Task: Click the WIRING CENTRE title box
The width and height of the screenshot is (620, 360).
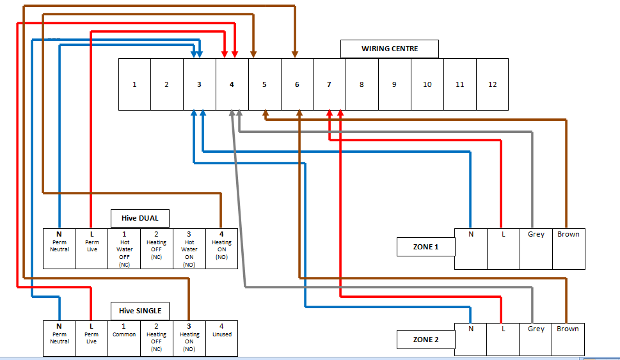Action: [x=390, y=49]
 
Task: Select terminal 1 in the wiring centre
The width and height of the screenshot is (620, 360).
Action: [x=134, y=84]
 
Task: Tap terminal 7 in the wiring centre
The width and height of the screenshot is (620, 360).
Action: [x=329, y=84]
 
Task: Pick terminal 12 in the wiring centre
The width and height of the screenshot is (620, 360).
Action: [x=492, y=84]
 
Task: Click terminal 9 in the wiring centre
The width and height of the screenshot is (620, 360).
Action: [x=394, y=84]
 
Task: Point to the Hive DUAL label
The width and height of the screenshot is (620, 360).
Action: [x=140, y=219]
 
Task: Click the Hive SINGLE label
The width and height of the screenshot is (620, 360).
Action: [x=140, y=311]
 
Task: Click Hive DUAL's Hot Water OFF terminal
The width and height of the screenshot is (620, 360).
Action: [x=124, y=249]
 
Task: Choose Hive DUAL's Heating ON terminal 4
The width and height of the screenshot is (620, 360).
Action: [x=221, y=249]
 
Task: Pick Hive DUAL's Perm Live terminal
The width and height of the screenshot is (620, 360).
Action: [x=91, y=249]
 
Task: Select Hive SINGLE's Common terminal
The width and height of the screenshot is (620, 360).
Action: [x=124, y=338]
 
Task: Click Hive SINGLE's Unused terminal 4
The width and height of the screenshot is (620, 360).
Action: [x=221, y=338]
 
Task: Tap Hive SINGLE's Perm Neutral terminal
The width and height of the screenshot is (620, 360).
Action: [x=59, y=338]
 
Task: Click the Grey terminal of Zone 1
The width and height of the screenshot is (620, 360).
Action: [x=536, y=249]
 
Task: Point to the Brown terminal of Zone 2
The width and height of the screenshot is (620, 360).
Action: [x=568, y=339]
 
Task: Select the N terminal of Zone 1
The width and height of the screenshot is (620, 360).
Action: [x=471, y=249]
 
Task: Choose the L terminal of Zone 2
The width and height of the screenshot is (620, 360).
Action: [x=503, y=339]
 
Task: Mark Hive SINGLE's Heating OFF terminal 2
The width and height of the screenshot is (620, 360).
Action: [x=156, y=338]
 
